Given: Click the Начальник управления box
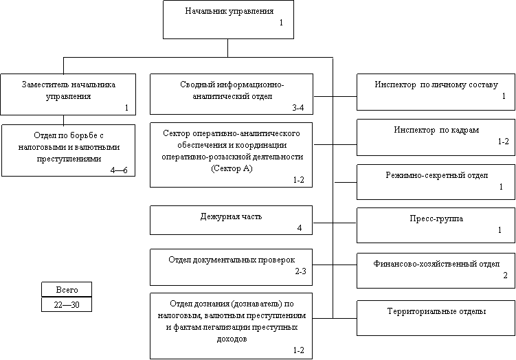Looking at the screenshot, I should [228, 19].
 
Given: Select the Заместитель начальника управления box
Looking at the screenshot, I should [68, 94].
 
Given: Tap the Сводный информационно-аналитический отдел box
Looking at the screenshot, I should [232, 94].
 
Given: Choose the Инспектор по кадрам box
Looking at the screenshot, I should [436, 137].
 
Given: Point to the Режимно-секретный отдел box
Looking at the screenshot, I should [436, 181].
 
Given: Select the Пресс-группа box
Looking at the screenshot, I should [436, 225].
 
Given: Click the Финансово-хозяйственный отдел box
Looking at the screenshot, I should [436, 269].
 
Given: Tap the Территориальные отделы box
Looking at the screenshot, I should [436, 317].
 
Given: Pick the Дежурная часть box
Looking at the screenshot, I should [232, 221].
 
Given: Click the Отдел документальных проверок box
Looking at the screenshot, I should [232, 266].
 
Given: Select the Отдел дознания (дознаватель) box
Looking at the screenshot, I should [232, 325].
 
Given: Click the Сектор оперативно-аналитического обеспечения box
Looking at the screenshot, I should [232, 154].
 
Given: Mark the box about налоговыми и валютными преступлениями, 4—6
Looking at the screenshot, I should [68, 150].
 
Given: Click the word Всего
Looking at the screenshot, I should [66, 290].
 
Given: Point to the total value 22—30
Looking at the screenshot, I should [66, 304].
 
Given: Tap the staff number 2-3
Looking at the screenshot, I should [300, 273].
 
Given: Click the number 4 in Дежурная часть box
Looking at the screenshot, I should [300, 228].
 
